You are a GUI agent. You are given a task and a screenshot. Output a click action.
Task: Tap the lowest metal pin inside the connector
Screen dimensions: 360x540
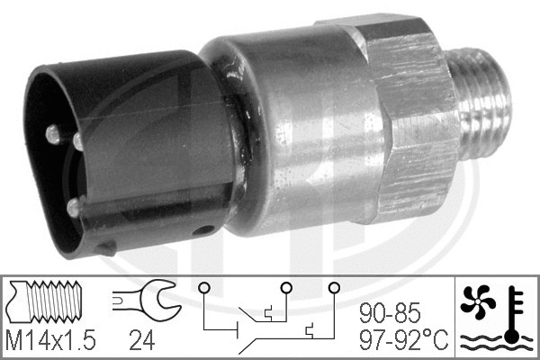[x=72, y=208]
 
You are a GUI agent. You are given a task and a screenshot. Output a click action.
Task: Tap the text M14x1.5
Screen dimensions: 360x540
[x=51, y=341]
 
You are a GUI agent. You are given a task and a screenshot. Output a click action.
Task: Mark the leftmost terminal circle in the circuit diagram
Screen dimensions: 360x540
[x=205, y=289]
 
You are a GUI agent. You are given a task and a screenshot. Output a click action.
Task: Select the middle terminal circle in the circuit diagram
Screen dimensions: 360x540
[x=285, y=289]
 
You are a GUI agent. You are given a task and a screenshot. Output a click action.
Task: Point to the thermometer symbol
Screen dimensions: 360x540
[x=513, y=310]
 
